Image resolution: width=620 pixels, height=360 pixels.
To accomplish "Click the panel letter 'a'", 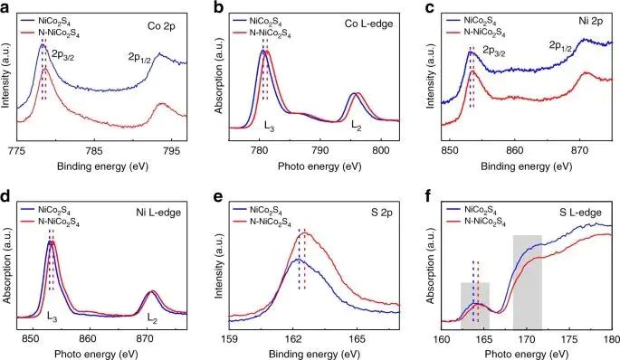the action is click(5, 8).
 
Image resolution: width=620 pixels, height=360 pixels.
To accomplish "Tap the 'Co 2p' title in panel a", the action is click(161, 26).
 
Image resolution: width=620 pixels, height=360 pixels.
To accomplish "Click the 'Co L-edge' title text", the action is click(368, 24).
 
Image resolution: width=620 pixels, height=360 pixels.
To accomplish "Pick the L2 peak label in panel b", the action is click(357, 126).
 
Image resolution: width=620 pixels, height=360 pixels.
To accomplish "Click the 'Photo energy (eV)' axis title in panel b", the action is click(320, 166).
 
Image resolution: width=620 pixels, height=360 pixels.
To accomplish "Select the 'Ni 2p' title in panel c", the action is click(591, 21).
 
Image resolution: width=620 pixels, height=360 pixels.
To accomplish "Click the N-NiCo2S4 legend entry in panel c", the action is click(476, 33).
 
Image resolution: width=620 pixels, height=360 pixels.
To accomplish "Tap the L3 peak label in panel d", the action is click(52, 317).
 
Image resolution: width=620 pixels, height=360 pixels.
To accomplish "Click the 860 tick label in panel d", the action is click(90, 340).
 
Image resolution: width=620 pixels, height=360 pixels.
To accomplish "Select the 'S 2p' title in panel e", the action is click(381, 213).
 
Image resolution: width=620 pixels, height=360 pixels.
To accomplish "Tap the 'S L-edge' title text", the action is click(580, 213).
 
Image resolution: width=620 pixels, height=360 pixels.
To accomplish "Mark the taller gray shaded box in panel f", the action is click(528, 281).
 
